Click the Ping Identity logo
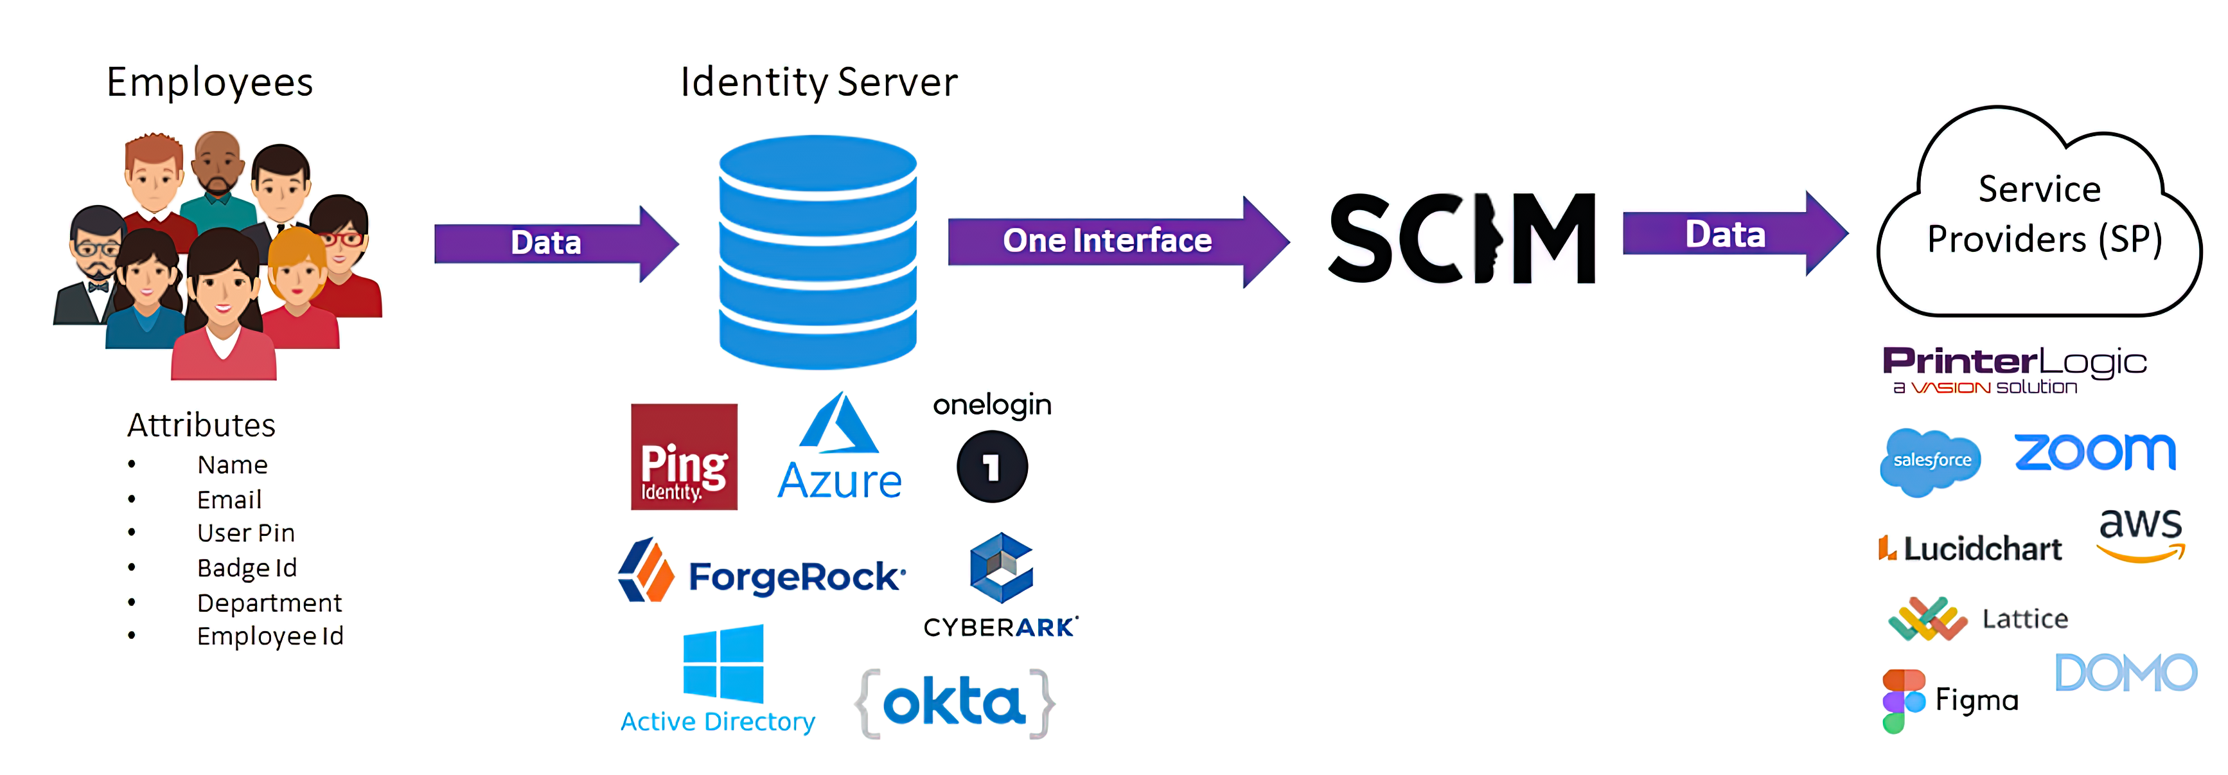pos(684,457)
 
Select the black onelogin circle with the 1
pos(992,467)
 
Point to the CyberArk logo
pos(1001,585)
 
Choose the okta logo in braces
pos(955,702)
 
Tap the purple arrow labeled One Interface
pos(1116,242)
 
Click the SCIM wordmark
pos(1462,238)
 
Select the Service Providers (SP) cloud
pos(2041,216)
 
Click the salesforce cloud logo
pos(1931,461)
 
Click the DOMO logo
pos(2125,673)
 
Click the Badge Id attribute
pos(247,567)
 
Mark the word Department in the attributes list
pos(269,602)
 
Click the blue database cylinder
pos(817,251)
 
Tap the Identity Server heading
pos(818,82)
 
